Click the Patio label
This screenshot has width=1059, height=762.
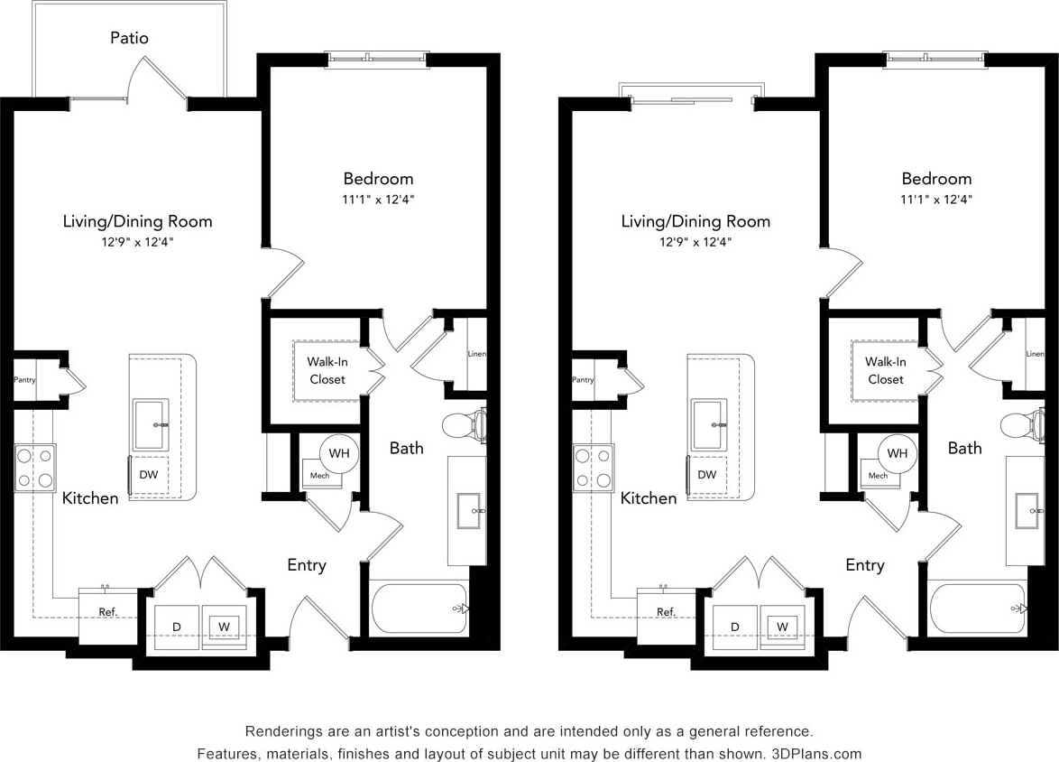point(129,38)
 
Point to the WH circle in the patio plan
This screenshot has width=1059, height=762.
point(339,452)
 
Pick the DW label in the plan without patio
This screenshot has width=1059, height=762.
point(707,474)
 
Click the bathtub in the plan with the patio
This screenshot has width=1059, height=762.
point(419,608)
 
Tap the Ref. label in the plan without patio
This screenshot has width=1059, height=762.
point(666,611)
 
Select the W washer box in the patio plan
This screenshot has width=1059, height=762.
point(225,625)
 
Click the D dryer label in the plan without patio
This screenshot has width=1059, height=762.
point(735,626)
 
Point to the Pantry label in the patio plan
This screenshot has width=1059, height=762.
point(24,380)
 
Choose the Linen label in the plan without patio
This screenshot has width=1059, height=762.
point(1035,354)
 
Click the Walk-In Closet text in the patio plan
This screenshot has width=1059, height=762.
point(327,370)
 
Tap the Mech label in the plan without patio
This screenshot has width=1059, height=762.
point(878,475)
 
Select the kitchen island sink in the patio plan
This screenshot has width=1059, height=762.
point(151,424)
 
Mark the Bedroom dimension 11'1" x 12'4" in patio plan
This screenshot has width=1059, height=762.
point(378,200)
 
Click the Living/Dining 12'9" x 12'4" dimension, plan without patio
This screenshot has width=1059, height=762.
point(695,242)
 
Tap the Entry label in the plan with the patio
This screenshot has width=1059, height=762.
point(307,565)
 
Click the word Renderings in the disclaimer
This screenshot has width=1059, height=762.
point(283,730)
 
